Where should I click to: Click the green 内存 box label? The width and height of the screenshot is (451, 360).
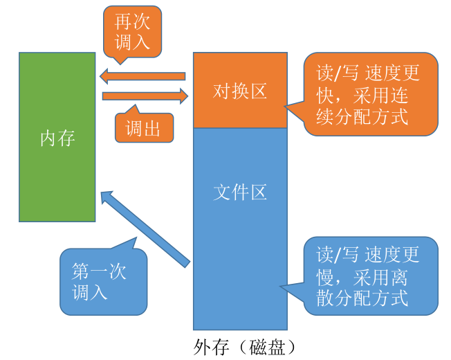coord(57,138)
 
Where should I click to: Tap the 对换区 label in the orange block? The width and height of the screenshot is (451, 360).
coord(240,91)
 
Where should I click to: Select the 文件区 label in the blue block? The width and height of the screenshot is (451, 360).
coord(240,192)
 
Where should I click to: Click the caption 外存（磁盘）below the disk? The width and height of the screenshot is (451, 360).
coord(244,347)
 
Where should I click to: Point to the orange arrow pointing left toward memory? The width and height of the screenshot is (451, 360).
coord(142,76)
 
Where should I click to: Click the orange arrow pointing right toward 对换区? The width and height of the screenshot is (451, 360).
coord(145,96)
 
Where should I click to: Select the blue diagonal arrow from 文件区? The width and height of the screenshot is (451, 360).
coord(145,229)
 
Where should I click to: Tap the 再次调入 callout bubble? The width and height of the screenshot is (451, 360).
coord(132,32)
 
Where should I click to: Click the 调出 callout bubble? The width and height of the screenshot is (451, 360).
coord(144,127)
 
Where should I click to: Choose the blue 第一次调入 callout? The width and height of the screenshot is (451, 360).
coord(104,280)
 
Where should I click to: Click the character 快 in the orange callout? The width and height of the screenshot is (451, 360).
coord(325,96)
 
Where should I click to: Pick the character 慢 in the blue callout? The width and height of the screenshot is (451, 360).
coord(325,278)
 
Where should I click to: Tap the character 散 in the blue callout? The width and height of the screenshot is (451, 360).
coord(325,298)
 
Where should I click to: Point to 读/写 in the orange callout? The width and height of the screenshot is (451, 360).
coord(337,73)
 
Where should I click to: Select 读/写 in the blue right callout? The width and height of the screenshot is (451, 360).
coord(337,255)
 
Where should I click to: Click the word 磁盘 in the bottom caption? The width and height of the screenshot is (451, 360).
coord(267,347)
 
